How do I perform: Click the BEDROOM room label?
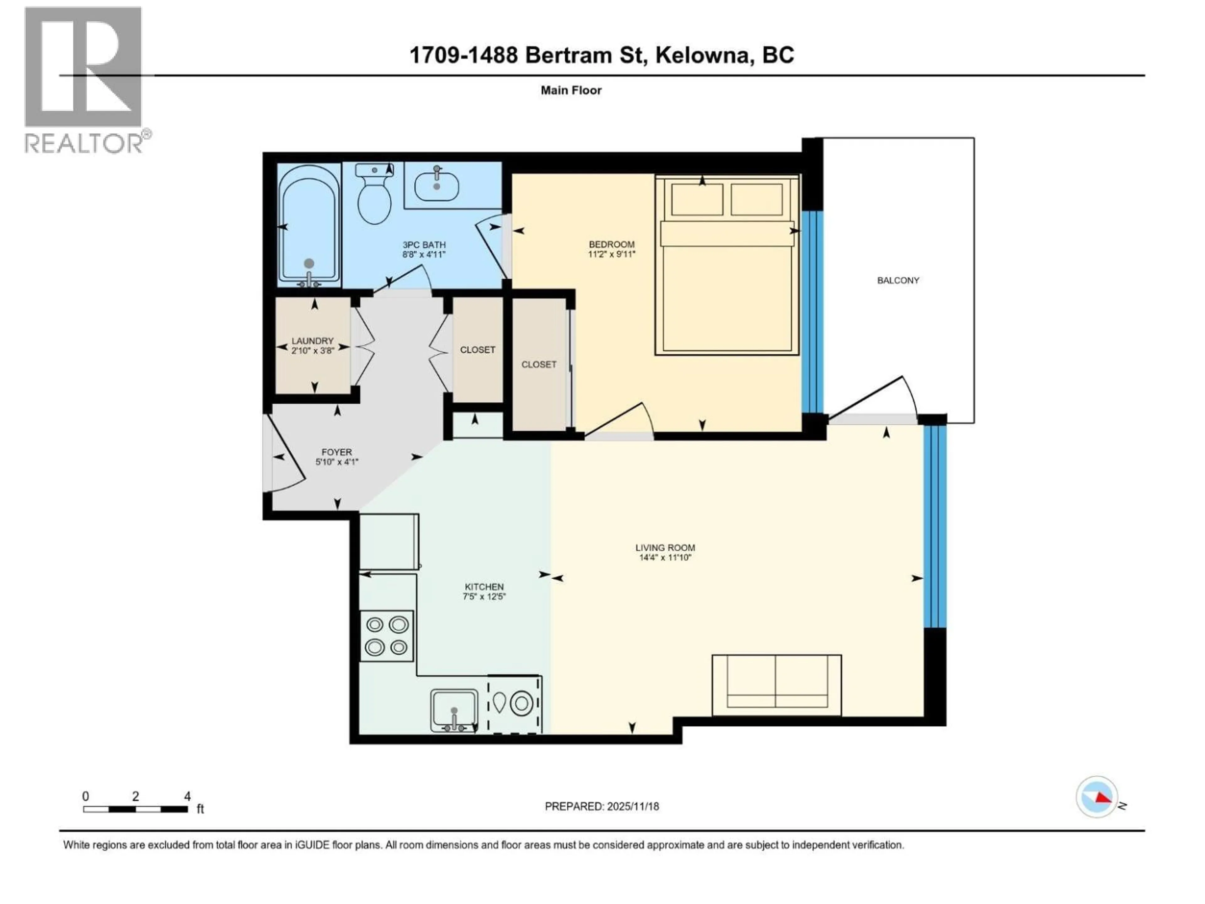(x=611, y=245)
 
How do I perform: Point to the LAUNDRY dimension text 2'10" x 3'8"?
(x=312, y=351)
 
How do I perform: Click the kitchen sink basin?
(x=454, y=709)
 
